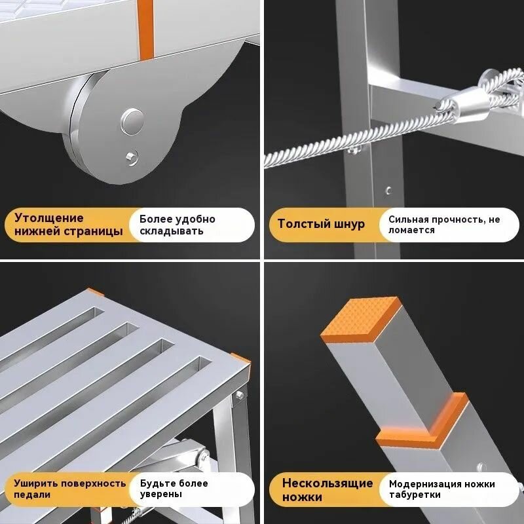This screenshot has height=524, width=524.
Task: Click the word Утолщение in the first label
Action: click(48, 218)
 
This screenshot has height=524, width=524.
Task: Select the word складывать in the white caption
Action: click(172, 231)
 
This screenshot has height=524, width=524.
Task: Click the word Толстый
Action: click(301, 223)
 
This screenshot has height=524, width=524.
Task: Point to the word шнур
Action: click(348, 224)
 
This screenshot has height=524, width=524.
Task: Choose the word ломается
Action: click(411, 231)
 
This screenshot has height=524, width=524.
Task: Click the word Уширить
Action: click(36, 483)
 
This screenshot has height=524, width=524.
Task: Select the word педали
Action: click(31, 495)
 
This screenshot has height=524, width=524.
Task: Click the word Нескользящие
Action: click(327, 483)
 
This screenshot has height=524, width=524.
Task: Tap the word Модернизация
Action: click(424, 484)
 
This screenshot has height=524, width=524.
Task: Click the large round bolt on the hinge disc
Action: click(132, 122)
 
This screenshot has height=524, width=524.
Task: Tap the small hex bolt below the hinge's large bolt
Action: click(132, 158)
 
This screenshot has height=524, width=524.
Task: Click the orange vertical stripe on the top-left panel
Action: click(145, 29)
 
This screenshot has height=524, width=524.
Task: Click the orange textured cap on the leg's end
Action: click(361, 319)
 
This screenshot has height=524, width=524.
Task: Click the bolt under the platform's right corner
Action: click(240, 395)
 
